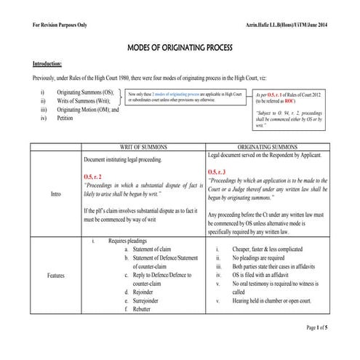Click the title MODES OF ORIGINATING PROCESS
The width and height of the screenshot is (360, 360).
[x=179, y=48]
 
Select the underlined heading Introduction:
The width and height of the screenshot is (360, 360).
[x=52, y=63]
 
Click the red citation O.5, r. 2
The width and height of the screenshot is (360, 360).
[x=97, y=176]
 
